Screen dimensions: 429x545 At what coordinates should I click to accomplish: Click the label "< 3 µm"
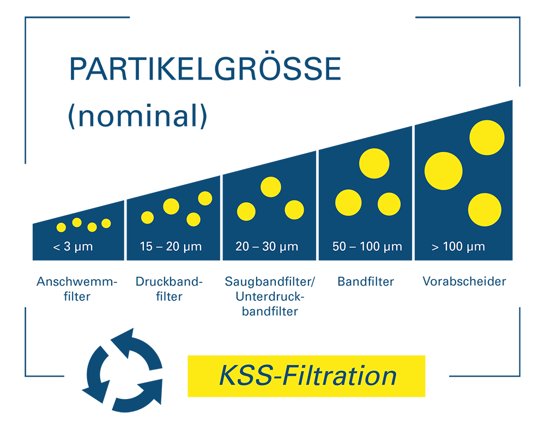coord(73,247)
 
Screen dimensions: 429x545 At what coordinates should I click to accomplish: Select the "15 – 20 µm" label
coord(171,247)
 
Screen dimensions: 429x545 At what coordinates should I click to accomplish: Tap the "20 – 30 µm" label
coord(267,247)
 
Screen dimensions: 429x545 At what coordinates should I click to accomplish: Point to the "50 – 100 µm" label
coord(367,247)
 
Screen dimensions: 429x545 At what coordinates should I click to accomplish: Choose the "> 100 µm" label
coord(458,247)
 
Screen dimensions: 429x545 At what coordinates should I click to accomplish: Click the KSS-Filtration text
coord(307,377)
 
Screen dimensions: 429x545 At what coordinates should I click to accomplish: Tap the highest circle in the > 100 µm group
coord(487,137)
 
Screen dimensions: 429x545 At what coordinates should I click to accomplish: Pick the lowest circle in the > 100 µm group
coord(485,210)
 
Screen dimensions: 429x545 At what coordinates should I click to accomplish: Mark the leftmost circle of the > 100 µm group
coord(443,171)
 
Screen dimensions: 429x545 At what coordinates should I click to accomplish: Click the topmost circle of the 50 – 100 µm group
coord(374,163)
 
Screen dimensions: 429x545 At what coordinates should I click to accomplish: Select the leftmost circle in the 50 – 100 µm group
coord(348,203)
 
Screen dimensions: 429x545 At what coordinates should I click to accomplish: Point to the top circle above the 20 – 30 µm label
coord(271,187)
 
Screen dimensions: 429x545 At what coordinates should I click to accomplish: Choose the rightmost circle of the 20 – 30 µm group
coord(294,210)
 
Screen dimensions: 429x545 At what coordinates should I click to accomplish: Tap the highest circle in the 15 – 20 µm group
coord(205,198)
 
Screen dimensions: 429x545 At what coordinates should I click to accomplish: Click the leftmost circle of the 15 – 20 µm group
coord(147,217)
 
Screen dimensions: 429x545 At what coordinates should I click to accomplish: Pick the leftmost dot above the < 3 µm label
coord(61,227)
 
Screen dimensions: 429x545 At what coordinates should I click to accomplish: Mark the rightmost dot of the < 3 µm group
coord(106,223)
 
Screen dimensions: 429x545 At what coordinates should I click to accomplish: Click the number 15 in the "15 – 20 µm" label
coord(146,247)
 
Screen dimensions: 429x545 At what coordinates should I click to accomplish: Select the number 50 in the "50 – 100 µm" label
coord(338,247)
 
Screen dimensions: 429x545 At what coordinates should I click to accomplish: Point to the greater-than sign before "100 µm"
coord(435,247)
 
